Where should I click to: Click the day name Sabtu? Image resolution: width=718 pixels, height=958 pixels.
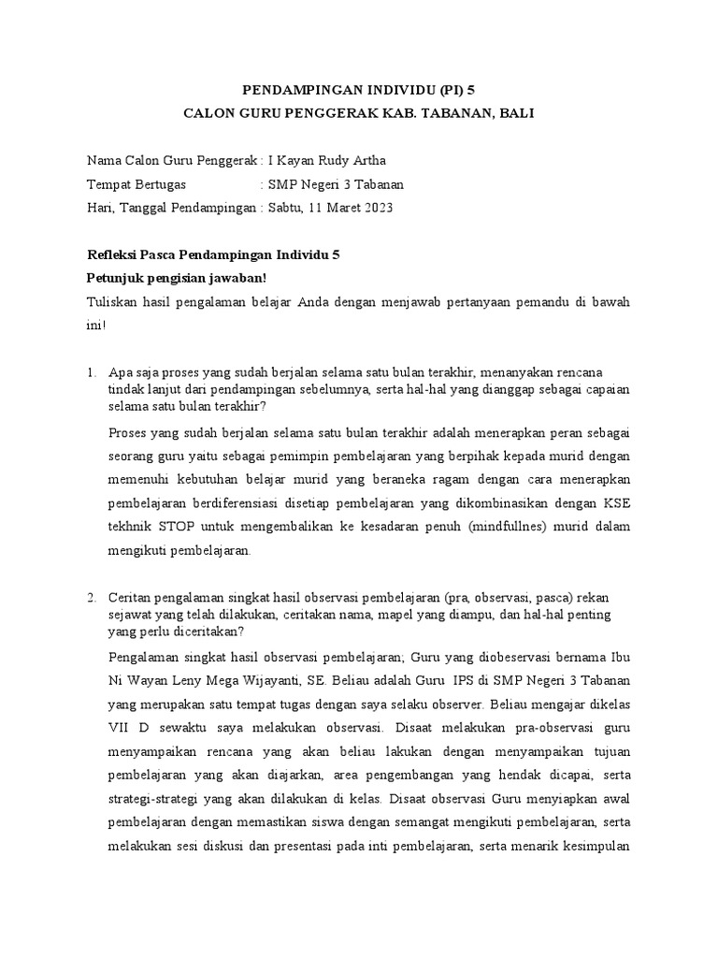pyautogui.click(x=286, y=208)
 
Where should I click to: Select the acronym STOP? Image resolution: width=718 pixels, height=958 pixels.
pyautogui.click(x=179, y=526)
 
